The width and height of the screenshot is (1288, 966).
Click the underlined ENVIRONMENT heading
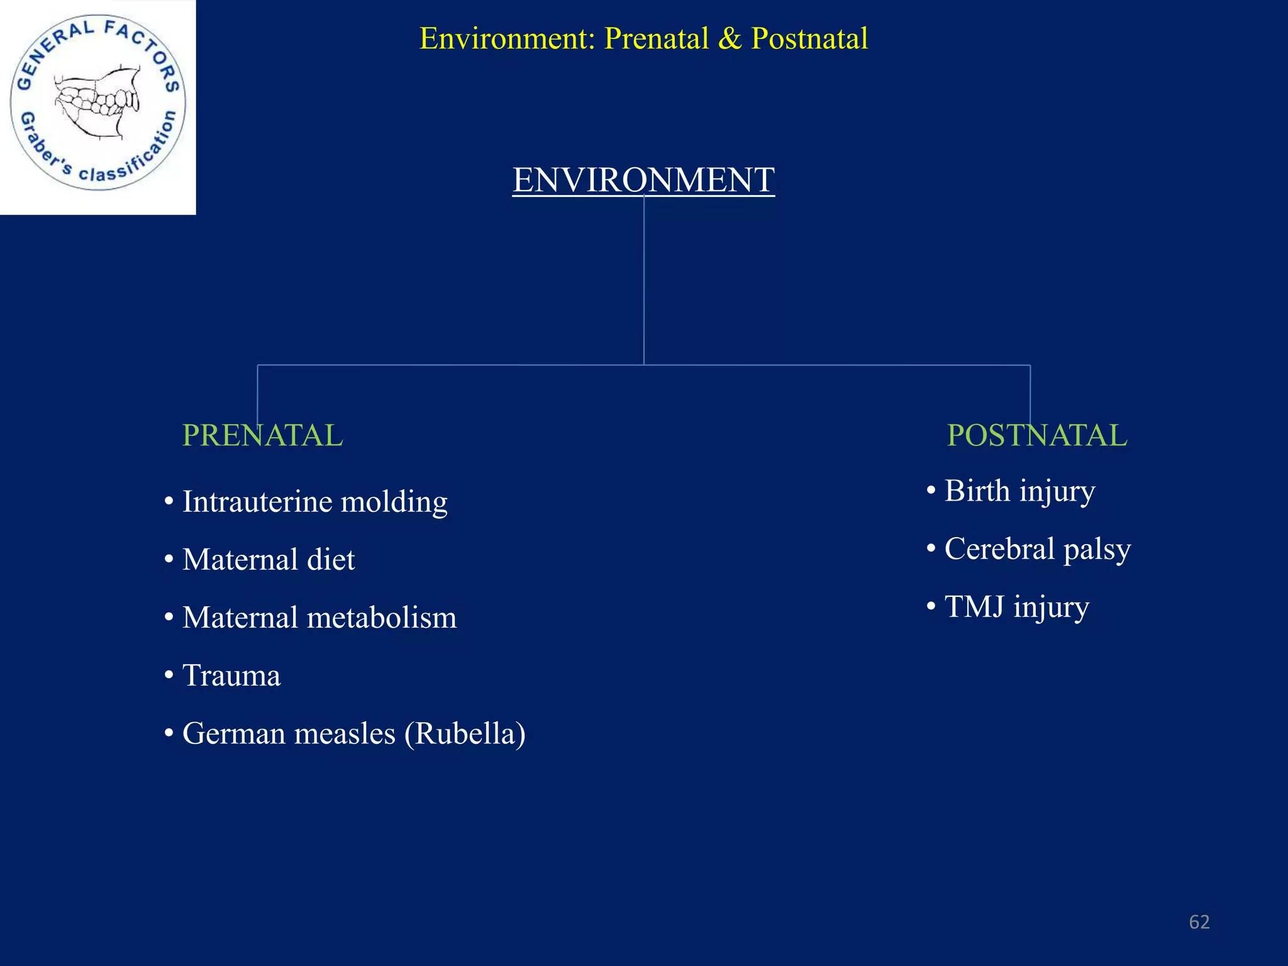tap(643, 180)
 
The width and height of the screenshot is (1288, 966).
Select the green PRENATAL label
tap(262, 435)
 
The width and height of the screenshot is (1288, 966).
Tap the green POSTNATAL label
tap(1036, 435)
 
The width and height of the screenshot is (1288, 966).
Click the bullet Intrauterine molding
tap(314, 502)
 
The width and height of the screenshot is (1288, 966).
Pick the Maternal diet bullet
tap(269, 560)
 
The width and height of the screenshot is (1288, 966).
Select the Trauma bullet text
tap(231, 675)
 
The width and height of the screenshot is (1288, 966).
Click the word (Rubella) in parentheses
tap(465, 734)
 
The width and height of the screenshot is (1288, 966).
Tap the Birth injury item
tap(1019, 491)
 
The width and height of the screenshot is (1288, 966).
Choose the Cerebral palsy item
tap(1038, 549)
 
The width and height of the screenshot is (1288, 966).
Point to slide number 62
tap(1199, 922)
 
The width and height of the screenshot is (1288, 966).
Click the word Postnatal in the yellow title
tap(809, 38)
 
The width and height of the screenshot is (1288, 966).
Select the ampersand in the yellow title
tap(730, 38)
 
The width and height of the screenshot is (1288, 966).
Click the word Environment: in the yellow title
tap(507, 38)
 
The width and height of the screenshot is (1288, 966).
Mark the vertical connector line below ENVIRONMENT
tap(644, 283)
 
